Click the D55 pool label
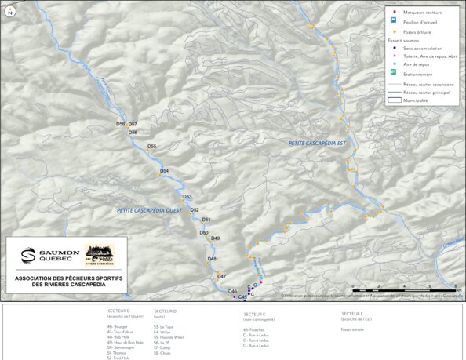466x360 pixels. point(152,147)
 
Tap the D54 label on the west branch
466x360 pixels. point(165,171)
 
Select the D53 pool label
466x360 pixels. point(187,197)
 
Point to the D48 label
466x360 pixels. point(212,259)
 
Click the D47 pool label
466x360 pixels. point(222,277)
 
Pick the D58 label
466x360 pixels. point(120,125)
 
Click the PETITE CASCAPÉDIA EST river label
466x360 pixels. point(317,143)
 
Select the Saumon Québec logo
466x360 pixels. point(44,255)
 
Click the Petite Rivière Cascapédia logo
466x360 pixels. point(99,255)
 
